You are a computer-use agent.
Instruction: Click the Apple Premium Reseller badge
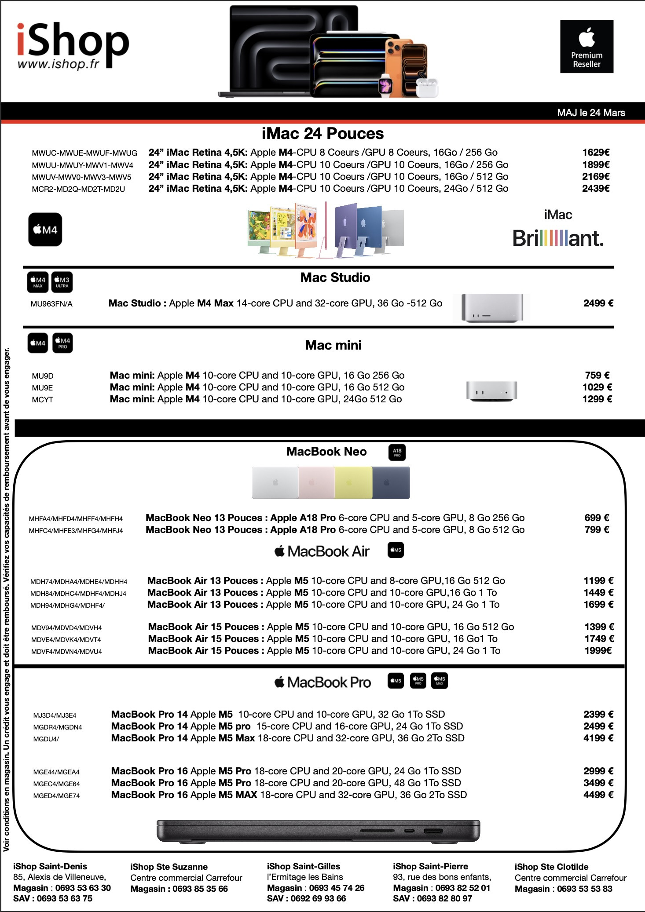[x=586, y=46]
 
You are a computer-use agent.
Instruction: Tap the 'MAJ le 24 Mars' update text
[x=590, y=113]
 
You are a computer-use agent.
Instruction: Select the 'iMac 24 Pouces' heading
[x=322, y=134]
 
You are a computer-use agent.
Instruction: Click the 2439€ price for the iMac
[x=596, y=189]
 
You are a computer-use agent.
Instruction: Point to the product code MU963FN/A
[x=51, y=304]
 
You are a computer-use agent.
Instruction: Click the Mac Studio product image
[x=492, y=308]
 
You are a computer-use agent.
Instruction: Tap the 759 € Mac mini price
[x=597, y=376]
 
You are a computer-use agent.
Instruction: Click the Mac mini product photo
[x=491, y=390]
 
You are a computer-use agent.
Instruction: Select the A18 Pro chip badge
[x=397, y=452]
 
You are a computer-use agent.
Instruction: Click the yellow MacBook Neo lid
[x=353, y=483]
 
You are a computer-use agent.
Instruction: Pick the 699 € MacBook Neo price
[x=597, y=518]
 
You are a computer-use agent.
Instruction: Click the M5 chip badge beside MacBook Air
[x=396, y=550]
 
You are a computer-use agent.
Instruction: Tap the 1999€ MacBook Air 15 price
[x=598, y=651]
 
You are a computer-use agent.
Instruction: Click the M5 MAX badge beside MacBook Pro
[x=439, y=681]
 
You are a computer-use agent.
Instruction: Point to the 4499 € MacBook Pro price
[x=598, y=795]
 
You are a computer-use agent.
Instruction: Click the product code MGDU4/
[x=46, y=739]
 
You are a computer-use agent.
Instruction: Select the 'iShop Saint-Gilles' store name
[x=304, y=866]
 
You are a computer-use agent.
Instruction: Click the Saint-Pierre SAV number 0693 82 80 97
[x=444, y=898]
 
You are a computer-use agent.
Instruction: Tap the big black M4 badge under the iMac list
[x=45, y=230]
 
